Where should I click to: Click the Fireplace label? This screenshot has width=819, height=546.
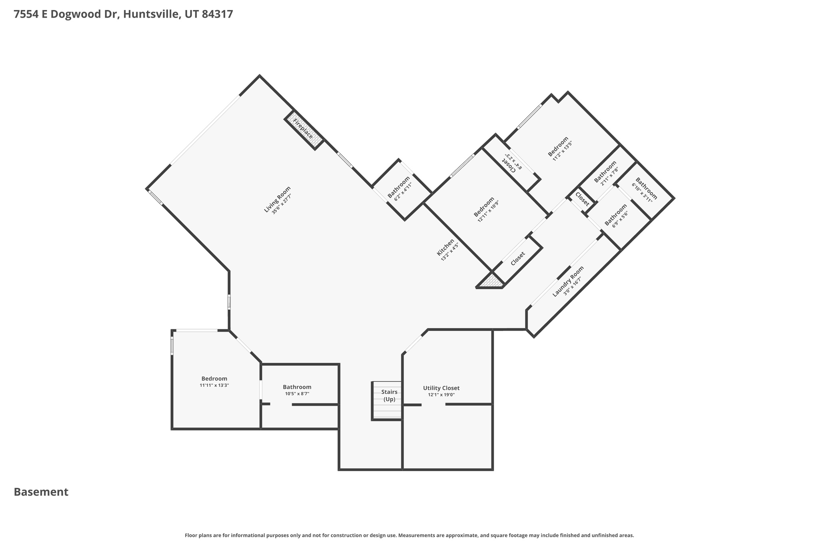coord(303,128)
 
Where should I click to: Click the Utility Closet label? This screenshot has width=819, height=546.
coord(441,388)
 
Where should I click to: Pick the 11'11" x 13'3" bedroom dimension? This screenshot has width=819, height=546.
coord(214,385)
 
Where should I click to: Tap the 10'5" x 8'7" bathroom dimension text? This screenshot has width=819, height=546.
coord(297,394)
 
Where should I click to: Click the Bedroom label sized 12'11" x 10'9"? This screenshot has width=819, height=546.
coord(484,207)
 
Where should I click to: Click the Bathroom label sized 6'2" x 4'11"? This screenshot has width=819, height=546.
coord(399,187)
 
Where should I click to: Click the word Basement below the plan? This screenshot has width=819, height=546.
coord(41,492)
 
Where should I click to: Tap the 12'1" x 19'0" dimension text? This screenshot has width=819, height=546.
coord(441,395)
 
